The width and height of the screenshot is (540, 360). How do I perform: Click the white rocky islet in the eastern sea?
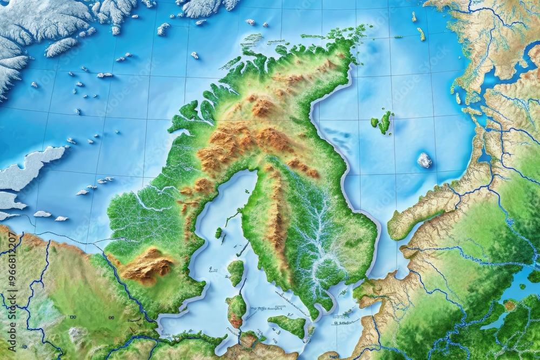[424, 160]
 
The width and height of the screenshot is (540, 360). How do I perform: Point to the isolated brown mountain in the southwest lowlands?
[147, 265]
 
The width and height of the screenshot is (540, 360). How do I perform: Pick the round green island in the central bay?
[236, 271]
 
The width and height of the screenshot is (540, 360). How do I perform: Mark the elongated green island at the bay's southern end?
[288, 325]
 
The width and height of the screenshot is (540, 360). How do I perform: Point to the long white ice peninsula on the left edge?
[30, 167]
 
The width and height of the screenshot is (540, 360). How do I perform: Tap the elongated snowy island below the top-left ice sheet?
[61, 47]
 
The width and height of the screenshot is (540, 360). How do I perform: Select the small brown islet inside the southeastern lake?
[509, 305]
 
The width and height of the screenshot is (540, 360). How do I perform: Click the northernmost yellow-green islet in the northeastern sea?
[414, 17]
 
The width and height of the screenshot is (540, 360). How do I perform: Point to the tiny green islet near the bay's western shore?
[218, 233]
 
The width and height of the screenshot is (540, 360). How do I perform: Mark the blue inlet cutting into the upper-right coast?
[521, 65]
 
